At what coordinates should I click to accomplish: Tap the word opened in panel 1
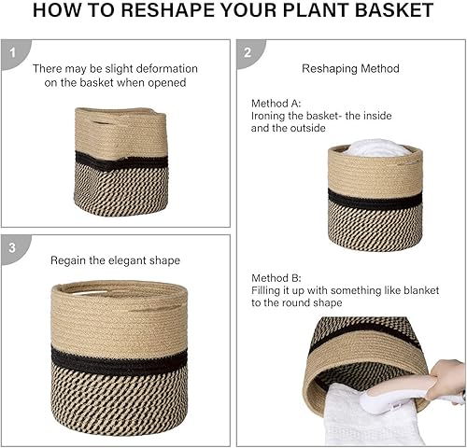(x=175, y=82)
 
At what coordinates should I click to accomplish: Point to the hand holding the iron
(x=448, y=378)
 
